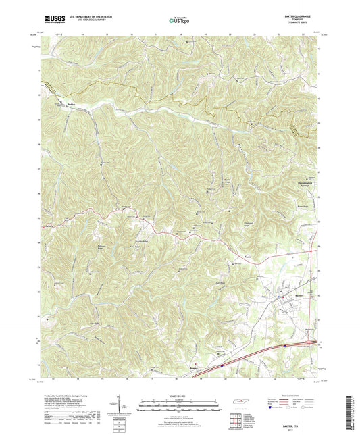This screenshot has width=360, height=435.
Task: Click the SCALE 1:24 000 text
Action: [x=180, y=395]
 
